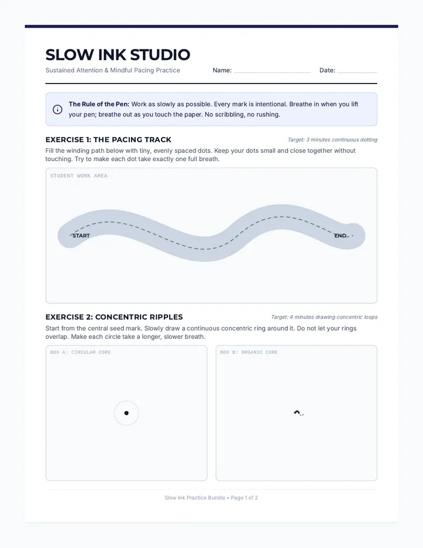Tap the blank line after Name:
click(x=273, y=72)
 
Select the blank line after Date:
click(x=357, y=72)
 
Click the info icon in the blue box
click(x=58, y=109)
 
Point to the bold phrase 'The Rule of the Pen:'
click(x=99, y=104)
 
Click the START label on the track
click(x=81, y=236)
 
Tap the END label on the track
click(x=340, y=236)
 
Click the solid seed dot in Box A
click(x=126, y=413)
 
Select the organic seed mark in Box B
click(x=297, y=412)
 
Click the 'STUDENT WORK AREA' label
click(x=79, y=176)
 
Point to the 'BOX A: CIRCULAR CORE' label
click(x=80, y=352)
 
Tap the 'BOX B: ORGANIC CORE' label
click(x=249, y=352)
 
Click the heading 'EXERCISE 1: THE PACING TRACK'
click(x=108, y=140)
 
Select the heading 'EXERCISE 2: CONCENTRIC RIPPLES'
click(x=114, y=317)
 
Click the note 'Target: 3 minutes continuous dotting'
click(x=333, y=140)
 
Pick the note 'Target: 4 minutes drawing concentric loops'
click(x=324, y=317)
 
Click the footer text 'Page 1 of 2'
click(x=244, y=497)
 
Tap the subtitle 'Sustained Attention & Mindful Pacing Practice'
click(x=113, y=70)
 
